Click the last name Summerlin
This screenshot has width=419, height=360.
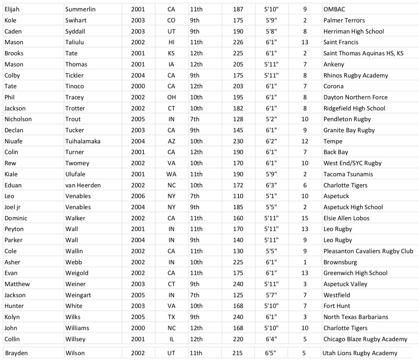coord(80,9)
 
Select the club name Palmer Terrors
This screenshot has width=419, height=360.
coord(344,20)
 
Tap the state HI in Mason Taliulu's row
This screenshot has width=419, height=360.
coord(171,42)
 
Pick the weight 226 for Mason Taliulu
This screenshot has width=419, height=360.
coord(238,42)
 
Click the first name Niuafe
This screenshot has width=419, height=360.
coord(13,141)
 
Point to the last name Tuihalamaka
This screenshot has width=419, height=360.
coord(83,141)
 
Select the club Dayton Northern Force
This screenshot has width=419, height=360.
coord(355,97)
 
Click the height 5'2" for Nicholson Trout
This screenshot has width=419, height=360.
coord(271,119)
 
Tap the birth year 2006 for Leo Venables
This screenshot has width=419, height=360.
coord(138,196)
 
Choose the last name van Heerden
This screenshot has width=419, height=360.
coord(83,185)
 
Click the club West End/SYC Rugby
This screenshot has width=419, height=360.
coord(352,163)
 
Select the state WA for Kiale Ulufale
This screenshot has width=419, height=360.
coord(171,174)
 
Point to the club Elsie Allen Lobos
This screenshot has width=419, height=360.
coord(346,218)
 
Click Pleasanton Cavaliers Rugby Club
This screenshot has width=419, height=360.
coord(368,251)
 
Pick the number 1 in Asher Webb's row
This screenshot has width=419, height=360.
coord(305,262)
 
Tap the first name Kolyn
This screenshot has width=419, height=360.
coord(12,317)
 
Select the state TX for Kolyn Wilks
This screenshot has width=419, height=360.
coord(171,317)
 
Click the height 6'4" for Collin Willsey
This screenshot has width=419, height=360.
coord(271,339)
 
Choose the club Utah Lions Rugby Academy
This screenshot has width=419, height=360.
coord(360,353)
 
